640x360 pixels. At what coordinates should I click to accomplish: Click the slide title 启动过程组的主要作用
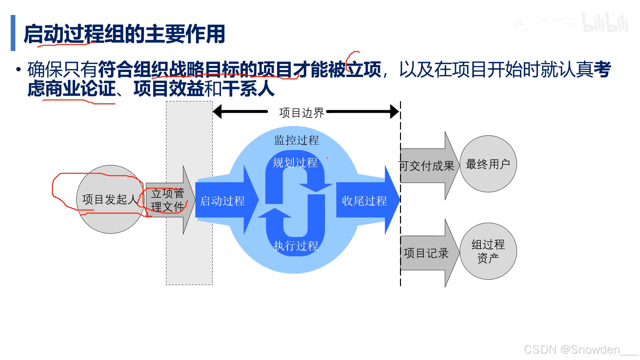[x=124, y=34]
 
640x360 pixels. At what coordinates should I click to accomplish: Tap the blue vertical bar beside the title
[x=13, y=33]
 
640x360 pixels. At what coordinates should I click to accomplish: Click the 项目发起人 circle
[x=110, y=199]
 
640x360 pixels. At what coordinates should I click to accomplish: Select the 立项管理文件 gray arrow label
[x=168, y=200]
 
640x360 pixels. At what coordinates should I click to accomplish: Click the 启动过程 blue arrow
[x=222, y=201]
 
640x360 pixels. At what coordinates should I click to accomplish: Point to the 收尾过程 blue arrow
[x=364, y=201]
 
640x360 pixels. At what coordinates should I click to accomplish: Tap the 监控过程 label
[x=296, y=140]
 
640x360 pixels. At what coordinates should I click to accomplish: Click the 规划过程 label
[x=295, y=163]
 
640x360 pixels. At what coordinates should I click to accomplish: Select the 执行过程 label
[x=296, y=246]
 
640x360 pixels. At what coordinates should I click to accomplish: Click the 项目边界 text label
[x=301, y=113]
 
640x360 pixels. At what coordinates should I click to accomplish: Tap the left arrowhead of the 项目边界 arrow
[x=218, y=112]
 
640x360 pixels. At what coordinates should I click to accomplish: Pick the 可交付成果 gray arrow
[x=427, y=166]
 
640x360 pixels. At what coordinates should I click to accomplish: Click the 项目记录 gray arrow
[x=426, y=253]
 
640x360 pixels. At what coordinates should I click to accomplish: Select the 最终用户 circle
[x=488, y=164]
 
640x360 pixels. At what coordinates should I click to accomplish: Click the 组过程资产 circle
[x=488, y=251]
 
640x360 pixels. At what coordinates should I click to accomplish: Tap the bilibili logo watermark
[x=605, y=23]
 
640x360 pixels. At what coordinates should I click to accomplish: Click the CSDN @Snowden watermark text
[x=572, y=349]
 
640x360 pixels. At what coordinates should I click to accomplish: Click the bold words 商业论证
[x=80, y=89]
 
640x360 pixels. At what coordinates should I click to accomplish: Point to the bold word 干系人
[x=248, y=89]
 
